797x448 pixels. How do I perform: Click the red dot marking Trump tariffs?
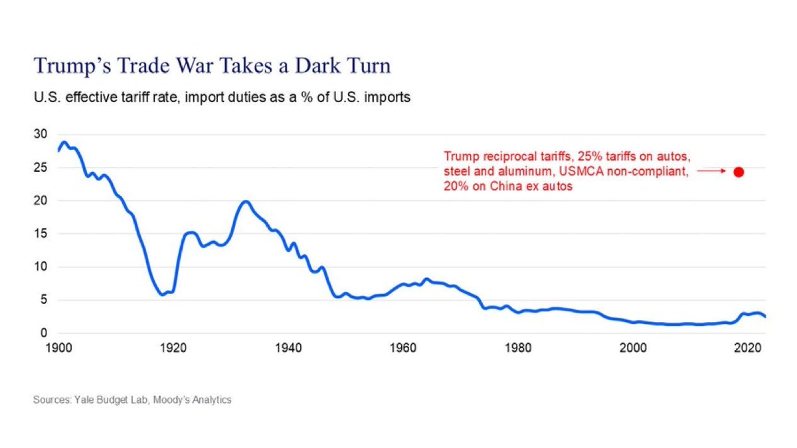pos(738,172)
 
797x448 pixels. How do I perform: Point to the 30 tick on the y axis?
pos(41,134)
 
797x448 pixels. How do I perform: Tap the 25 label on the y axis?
pos(41,167)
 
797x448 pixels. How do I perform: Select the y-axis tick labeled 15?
pos(41,234)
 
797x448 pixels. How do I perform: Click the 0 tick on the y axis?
pos(43,333)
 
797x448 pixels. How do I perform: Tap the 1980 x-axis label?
pos(515,348)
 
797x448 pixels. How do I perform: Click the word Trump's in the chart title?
pos(67,66)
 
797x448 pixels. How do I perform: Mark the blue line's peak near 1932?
pos(245,201)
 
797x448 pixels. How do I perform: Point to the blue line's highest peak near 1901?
pos(64,142)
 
